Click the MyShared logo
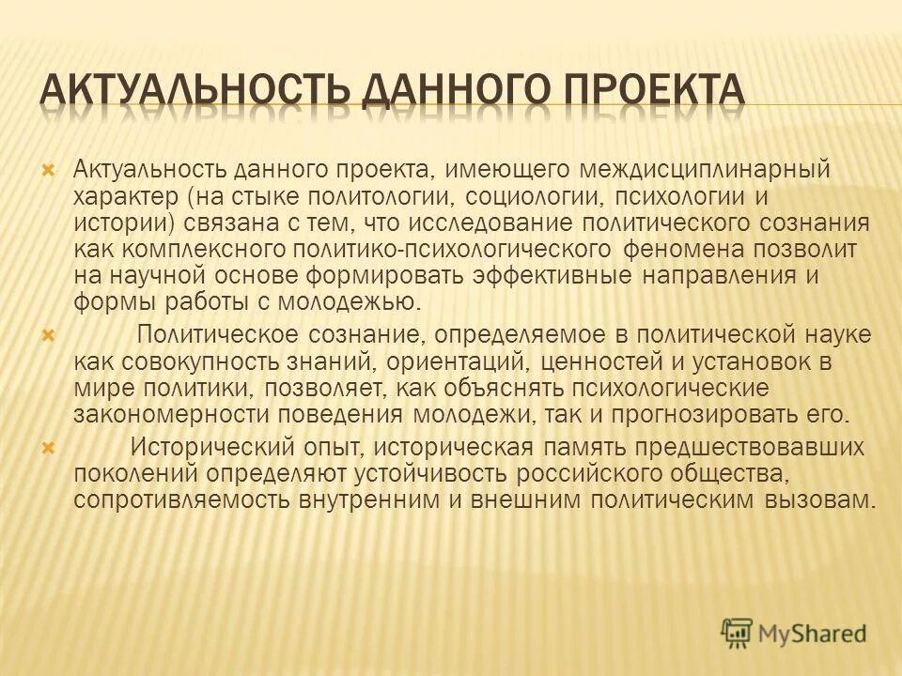(x=793, y=633)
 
